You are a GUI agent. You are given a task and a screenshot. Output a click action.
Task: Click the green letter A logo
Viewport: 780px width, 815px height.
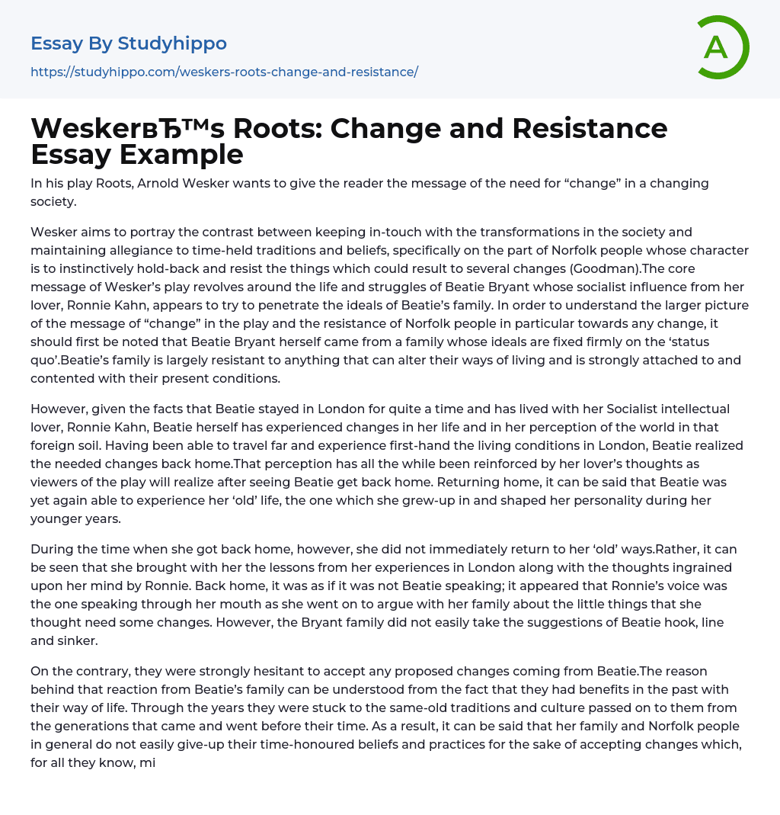[721, 47]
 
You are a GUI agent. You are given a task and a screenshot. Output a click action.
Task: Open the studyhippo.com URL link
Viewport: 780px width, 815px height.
[224, 72]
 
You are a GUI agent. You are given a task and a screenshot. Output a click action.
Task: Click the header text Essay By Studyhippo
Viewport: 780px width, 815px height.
[128, 43]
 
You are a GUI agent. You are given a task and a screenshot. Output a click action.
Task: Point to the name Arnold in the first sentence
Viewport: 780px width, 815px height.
[163, 184]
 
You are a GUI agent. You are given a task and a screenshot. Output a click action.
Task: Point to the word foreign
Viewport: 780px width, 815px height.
[55, 445]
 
